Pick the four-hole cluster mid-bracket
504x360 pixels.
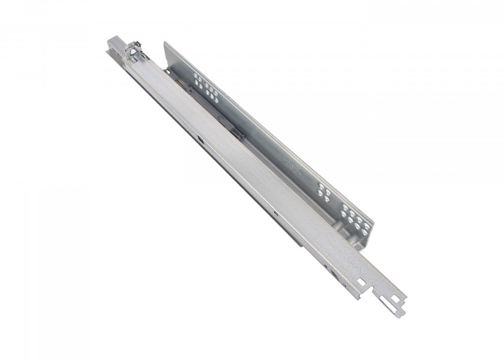(325, 190)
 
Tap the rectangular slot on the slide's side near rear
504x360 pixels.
(200, 139)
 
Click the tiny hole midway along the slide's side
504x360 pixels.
(275, 213)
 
